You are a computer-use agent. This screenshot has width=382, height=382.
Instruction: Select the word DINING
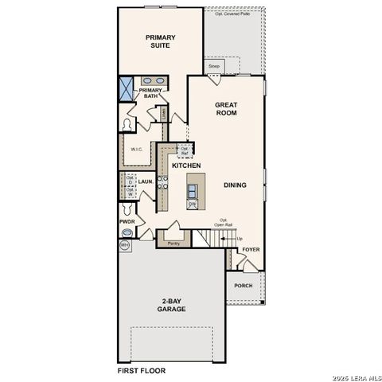click(x=235, y=185)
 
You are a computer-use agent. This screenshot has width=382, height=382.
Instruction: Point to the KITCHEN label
click(x=186, y=166)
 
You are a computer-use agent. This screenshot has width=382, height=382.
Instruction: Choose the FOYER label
click(x=251, y=249)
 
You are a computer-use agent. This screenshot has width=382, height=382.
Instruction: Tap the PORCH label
click(x=244, y=285)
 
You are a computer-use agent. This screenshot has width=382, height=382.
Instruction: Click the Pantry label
click(x=173, y=243)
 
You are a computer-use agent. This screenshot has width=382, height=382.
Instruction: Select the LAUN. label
click(x=145, y=182)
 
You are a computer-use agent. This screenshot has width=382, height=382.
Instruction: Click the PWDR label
click(x=127, y=221)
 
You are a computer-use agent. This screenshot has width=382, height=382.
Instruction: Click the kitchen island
click(x=193, y=193)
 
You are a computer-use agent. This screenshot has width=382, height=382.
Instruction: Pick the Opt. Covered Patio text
click(x=232, y=14)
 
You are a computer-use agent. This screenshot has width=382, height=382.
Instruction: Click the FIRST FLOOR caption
click(x=142, y=371)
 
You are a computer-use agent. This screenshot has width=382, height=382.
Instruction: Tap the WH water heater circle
click(x=125, y=246)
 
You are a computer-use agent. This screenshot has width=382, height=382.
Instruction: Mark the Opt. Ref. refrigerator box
click(x=185, y=150)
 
